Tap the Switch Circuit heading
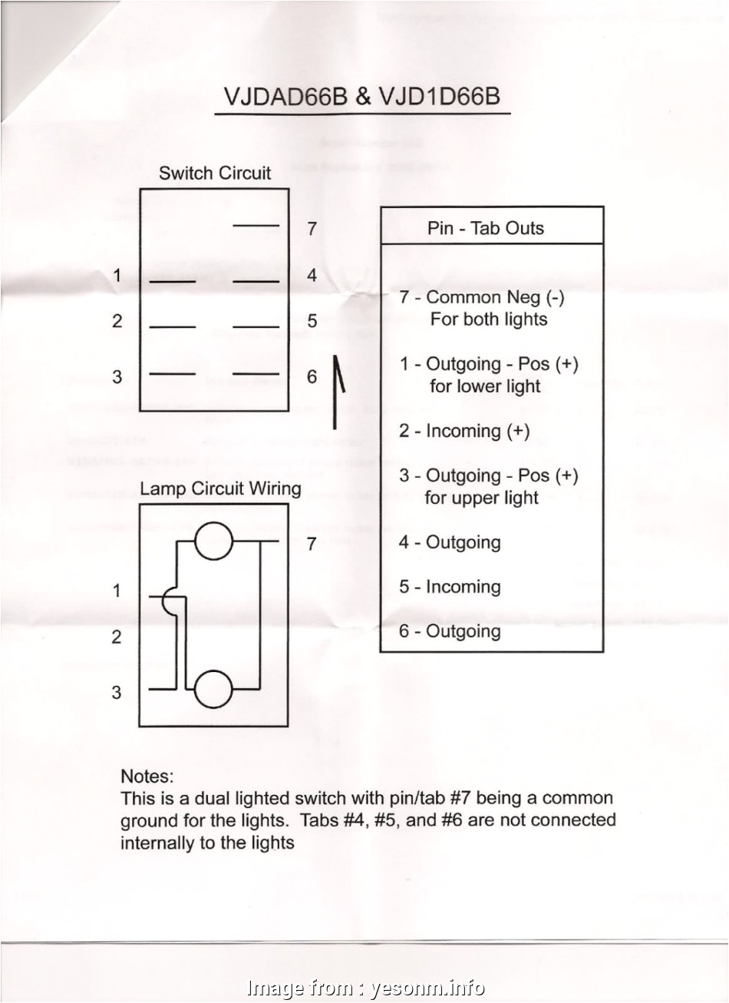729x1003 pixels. point(214,173)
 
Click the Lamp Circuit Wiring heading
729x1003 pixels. point(220,488)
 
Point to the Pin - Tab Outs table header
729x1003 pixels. point(485,228)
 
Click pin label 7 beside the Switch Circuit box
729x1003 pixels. point(312,228)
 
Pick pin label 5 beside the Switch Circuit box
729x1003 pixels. point(312,321)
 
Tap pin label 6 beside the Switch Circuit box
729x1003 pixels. point(312,376)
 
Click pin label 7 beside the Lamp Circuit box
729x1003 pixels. point(312,545)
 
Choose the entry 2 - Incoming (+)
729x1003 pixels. point(464,431)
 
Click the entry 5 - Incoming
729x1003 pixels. point(450,587)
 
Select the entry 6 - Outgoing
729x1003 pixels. point(450,631)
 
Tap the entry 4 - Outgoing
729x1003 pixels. point(450,542)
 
